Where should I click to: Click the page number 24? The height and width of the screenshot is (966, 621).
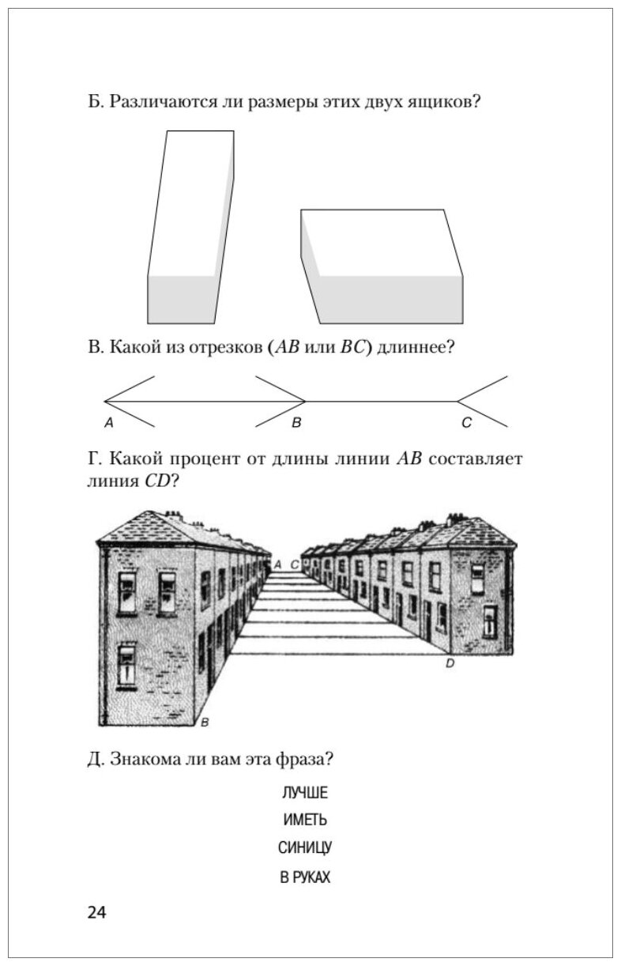click(x=96, y=912)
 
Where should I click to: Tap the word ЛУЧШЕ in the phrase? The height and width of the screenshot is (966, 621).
click(x=304, y=793)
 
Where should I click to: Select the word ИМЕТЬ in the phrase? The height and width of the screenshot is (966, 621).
click(x=304, y=821)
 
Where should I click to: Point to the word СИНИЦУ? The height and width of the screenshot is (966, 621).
click(x=304, y=848)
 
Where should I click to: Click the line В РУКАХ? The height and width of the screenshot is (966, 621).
click(x=304, y=877)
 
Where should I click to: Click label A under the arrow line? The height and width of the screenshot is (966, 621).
click(x=109, y=424)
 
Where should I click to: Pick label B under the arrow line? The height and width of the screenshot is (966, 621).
click(x=296, y=424)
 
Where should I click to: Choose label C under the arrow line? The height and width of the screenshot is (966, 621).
click(x=466, y=424)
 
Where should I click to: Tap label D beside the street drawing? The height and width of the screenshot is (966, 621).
click(x=450, y=664)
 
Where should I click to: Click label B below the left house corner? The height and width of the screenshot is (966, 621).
click(x=204, y=722)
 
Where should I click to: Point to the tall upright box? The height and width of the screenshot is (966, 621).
click(x=190, y=229)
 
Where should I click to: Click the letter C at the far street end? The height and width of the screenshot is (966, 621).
click(x=295, y=564)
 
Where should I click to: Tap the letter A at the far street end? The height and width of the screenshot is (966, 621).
click(x=277, y=564)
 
